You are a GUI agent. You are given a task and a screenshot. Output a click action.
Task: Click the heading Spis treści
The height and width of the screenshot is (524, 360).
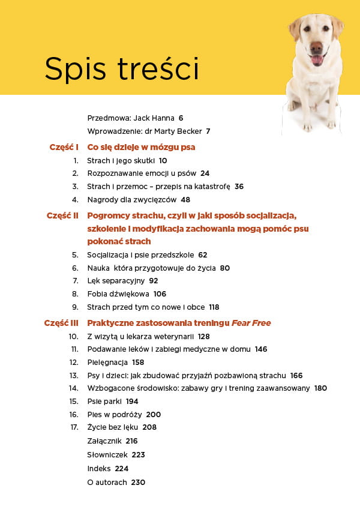122,69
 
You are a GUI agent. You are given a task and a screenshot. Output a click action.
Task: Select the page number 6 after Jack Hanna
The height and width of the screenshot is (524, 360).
181,118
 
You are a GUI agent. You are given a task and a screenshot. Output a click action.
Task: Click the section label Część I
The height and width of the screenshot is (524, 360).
64,146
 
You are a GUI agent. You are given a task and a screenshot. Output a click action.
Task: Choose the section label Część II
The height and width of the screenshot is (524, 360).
63,215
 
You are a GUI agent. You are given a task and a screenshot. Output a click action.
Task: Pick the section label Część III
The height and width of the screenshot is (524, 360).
62,323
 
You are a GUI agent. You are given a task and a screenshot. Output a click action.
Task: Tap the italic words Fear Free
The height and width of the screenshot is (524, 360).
253,323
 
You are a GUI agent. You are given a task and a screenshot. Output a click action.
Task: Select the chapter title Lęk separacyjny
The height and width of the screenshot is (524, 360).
115,281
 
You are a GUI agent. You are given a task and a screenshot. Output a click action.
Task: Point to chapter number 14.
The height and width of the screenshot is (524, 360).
74,388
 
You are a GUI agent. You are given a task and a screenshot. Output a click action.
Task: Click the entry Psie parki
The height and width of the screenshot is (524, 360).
104,402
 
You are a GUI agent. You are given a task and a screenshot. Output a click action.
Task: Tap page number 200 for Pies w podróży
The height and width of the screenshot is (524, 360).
154,415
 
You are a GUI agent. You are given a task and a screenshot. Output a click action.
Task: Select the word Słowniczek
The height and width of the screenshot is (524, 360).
107,455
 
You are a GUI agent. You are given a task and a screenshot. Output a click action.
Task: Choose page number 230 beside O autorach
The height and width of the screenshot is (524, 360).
138,482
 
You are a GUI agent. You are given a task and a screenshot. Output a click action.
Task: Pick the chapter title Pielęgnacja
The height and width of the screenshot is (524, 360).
107,363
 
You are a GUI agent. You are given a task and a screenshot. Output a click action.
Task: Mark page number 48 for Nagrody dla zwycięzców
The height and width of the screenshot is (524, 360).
185,200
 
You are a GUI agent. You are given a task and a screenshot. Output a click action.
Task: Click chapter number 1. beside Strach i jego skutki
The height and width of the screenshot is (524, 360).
76,161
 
